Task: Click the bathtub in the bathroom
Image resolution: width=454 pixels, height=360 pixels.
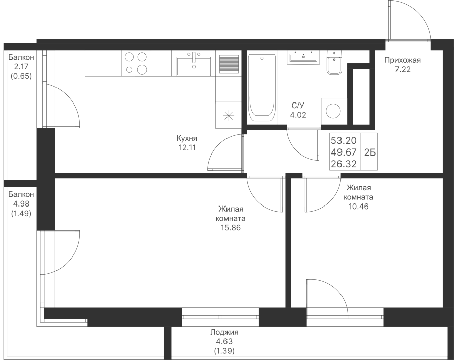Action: pos(262,88)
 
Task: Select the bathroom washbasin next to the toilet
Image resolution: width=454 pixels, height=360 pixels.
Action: pos(303,57)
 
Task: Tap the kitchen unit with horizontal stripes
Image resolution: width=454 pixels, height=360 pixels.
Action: pos(229,64)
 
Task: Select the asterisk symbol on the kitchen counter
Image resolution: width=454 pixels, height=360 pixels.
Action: pos(229,115)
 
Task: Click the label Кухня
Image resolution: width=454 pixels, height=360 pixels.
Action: pos(187,138)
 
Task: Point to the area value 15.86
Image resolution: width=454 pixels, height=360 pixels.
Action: pos(231,228)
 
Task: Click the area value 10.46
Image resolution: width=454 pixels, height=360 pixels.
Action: pos(359,207)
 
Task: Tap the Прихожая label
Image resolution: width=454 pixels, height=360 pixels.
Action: pos(403,60)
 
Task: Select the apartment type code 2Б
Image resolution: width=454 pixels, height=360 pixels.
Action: pos(370,152)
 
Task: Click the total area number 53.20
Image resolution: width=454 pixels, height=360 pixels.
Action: pos(344,140)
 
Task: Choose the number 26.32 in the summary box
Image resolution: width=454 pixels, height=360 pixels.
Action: pos(344,164)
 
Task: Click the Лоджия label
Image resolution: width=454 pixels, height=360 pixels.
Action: pos(224,332)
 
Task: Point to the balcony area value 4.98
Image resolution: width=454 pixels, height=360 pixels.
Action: pos(21,204)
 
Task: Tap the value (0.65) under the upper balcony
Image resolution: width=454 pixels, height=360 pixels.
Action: pos(21,76)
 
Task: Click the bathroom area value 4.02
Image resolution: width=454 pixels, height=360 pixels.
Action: pos(298,115)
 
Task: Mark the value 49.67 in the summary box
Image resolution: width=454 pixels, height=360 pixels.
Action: pos(344,152)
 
